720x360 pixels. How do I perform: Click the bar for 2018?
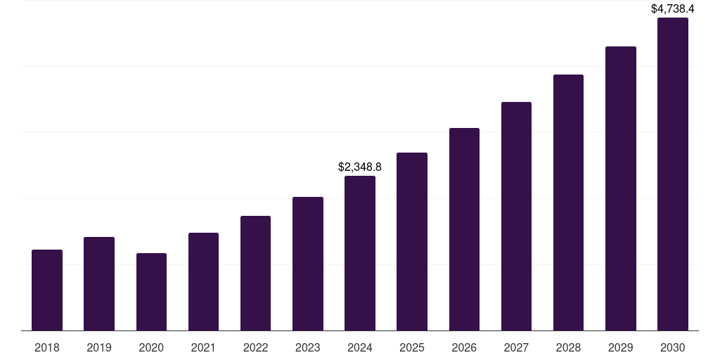tap(47, 290)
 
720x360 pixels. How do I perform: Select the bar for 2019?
tap(99, 283)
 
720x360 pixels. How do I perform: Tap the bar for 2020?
tap(151, 292)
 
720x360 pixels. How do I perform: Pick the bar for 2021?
tap(203, 281)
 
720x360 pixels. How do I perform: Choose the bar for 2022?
tap(255, 273)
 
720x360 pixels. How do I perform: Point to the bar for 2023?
tap(308, 264)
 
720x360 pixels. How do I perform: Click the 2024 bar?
tap(360, 253)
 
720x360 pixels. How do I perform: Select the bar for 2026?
tap(464, 229)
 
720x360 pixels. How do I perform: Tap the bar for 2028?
tap(568, 202)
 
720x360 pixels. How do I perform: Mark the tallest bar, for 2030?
tap(673, 174)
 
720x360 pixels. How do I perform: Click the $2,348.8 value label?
tap(360, 167)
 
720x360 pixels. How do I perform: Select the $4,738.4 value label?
tap(673, 9)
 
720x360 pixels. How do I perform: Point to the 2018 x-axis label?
tap(47, 348)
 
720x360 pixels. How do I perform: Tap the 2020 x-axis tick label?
tap(151, 348)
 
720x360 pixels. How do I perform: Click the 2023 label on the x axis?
tap(308, 348)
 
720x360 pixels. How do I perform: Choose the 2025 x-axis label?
tap(412, 348)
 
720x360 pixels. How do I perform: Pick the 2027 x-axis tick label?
tap(516, 348)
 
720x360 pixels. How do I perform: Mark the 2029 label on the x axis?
tap(620, 348)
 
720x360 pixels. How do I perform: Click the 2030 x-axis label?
tap(673, 348)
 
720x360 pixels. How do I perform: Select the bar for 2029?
tap(620, 188)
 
